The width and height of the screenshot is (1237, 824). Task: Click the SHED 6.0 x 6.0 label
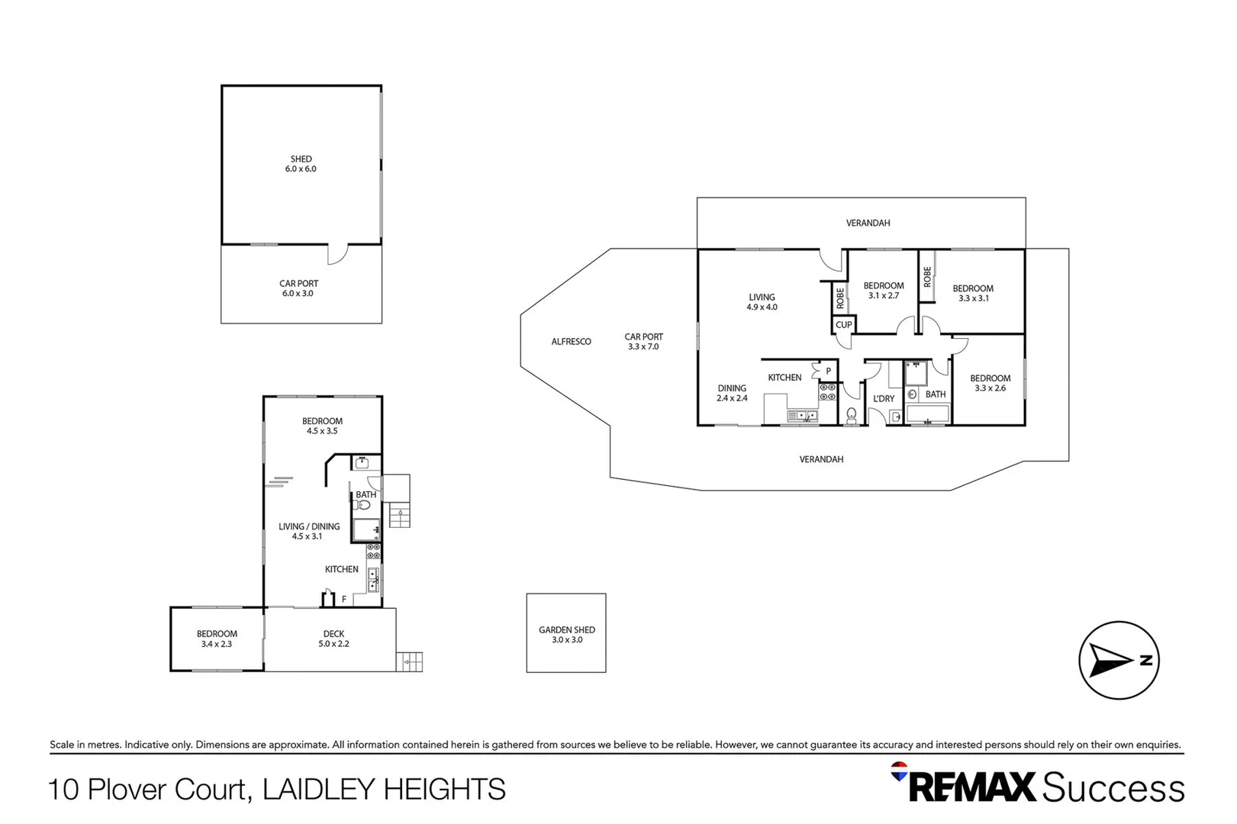point(301,164)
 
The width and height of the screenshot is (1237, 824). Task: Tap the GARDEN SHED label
point(566,634)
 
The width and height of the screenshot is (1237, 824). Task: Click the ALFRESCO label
point(571,342)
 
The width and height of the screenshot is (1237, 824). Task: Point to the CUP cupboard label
point(843,325)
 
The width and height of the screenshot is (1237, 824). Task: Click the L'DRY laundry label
point(884,399)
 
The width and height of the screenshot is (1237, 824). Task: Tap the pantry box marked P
point(827,372)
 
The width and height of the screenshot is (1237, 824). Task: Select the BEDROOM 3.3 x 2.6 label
point(990,383)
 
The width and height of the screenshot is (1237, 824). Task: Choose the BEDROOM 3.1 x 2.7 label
point(883,291)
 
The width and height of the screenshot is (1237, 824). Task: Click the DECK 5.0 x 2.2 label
point(333,639)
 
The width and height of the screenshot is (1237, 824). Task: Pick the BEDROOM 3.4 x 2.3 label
point(217,639)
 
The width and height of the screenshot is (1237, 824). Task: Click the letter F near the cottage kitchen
point(344,600)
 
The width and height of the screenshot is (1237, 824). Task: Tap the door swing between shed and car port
point(337,254)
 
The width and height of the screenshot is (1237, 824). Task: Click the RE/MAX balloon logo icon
point(899,771)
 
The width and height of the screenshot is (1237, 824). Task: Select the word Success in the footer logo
point(1113,787)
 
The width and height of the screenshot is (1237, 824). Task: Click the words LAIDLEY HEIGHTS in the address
point(384,789)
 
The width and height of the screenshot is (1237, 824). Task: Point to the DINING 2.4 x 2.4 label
point(732,393)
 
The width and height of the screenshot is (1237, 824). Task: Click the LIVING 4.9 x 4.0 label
point(762,302)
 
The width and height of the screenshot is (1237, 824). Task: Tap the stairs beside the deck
point(410,661)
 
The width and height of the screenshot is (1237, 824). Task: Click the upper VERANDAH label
point(868,223)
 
